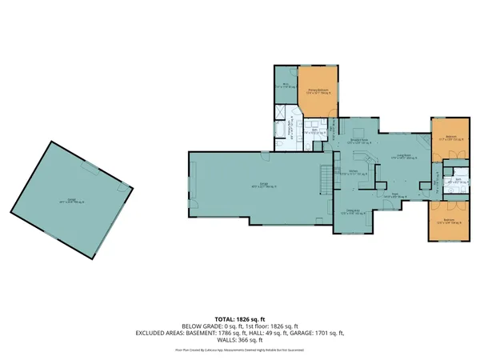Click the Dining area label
coord(353,213)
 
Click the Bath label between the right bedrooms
coord(453,181)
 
